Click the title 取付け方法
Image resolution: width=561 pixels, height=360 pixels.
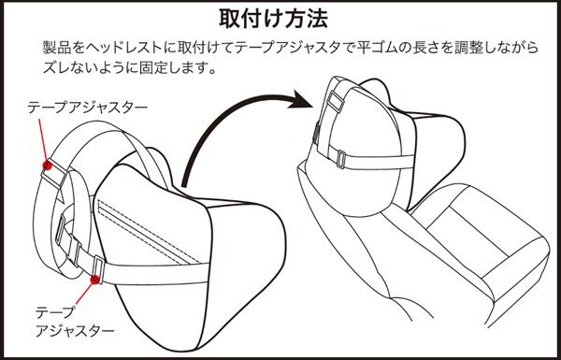(x=274, y=19)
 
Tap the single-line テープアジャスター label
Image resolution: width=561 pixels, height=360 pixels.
(x=88, y=108)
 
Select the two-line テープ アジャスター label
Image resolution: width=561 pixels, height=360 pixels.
(x=75, y=322)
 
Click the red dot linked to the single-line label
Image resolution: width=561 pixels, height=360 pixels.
(x=47, y=165)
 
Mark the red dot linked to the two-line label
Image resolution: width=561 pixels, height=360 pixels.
(x=94, y=280)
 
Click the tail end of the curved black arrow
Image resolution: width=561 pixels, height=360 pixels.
(x=184, y=185)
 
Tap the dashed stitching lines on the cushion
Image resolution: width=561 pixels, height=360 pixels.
(x=149, y=232)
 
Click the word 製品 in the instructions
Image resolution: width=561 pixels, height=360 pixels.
(x=53, y=48)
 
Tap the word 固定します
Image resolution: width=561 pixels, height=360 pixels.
(x=172, y=67)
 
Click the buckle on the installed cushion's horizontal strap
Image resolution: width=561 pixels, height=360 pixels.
(x=341, y=159)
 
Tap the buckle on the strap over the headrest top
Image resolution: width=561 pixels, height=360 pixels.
(x=336, y=101)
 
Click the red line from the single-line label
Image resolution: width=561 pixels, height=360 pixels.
(x=43, y=140)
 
